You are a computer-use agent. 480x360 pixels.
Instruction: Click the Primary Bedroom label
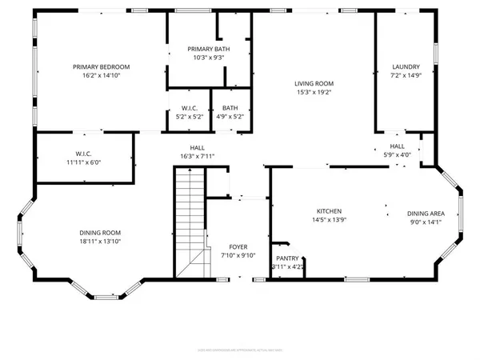click(x=101, y=67)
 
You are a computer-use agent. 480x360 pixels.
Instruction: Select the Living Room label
click(x=314, y=83)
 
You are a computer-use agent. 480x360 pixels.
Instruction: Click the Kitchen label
click(x=328, y=210)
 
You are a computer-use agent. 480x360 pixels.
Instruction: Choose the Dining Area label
click(x=425, y=214)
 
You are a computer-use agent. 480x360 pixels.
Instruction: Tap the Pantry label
click(x=286, y=258)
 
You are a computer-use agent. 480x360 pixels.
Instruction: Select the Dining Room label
click(x=100, y=233)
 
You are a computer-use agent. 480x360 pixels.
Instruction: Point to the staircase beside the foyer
click(x=190, y=224)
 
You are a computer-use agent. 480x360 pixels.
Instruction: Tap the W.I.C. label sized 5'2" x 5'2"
click(x=190, y=108)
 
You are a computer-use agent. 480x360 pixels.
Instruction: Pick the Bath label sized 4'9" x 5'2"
click(x=230, y=108)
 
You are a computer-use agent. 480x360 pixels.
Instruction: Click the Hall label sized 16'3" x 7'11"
click(x=196, y=147)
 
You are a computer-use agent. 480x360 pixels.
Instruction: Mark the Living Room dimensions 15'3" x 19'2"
click(x=314, y=92)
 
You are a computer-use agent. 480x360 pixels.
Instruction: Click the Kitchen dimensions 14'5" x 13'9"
click(x=328, y=219)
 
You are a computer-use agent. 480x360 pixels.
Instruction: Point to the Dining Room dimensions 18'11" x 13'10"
click(x=100, y=242)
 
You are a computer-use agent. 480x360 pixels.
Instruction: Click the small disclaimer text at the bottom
click(x=240, y=350)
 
